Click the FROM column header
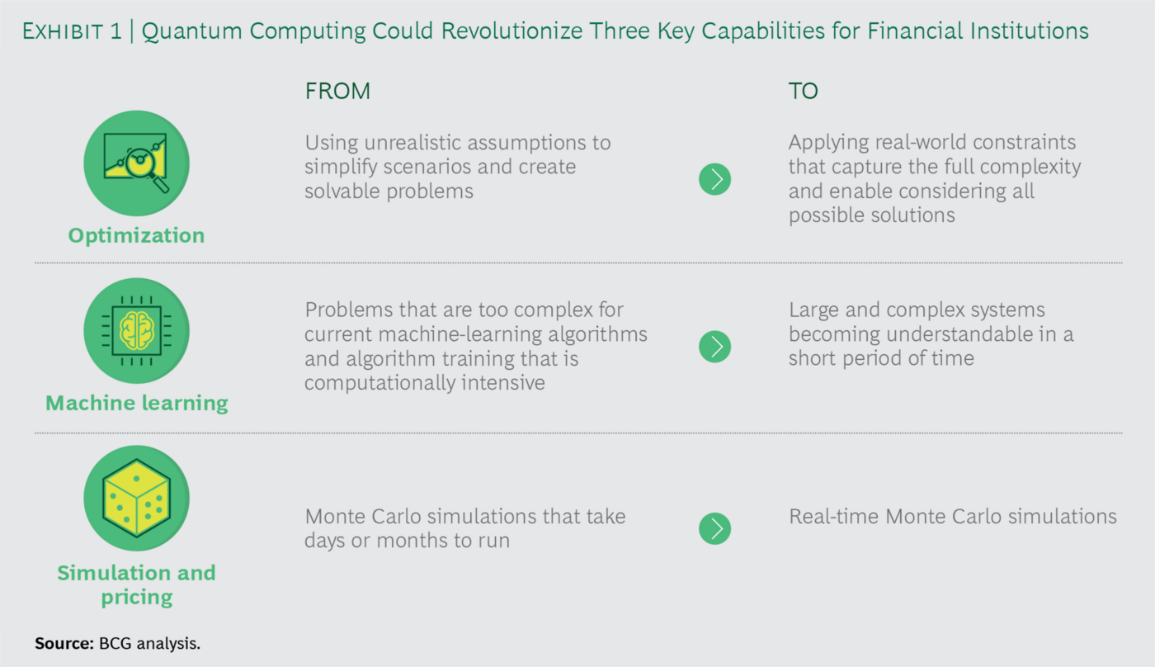337,92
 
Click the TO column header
804,92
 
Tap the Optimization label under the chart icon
137,236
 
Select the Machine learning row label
137,403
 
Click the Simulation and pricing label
137,585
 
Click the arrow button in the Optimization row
714,179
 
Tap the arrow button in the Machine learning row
714,347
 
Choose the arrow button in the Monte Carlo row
714,529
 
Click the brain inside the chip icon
137,331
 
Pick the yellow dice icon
137,499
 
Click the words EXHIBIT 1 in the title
73,31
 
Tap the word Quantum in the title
191,31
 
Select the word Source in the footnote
64,643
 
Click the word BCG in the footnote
115,643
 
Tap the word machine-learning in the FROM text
460,335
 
